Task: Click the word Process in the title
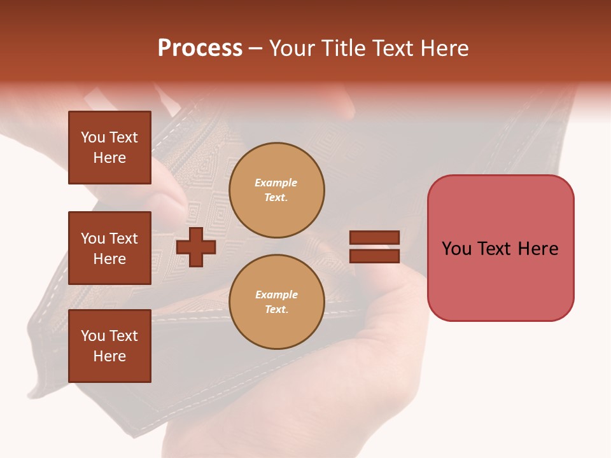(200, 48)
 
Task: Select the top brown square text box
(109, 148)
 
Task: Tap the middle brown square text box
(109, 248)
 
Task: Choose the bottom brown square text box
(109, 346)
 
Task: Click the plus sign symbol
(196, 247)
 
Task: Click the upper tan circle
(277, 190)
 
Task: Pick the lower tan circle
(277, 302)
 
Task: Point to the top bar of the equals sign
(374, 237)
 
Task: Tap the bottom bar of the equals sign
(374, 256)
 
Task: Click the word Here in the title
(444, 48)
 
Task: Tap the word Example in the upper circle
(276, 183)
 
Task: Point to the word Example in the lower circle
(276, 295)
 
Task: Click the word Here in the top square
(109, 158)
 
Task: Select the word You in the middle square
(92, 239)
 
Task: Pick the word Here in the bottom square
(109, 356)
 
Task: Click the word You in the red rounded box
(456, 249)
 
